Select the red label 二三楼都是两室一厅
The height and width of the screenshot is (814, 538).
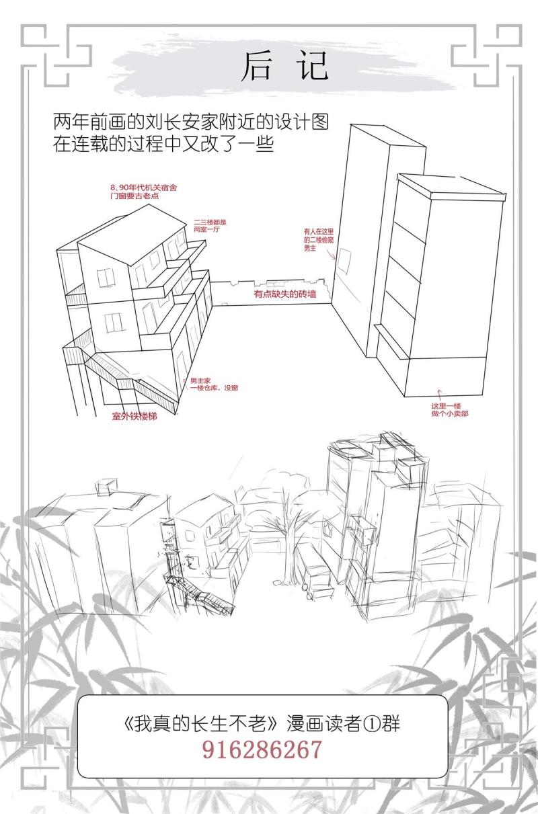(x=210, y=226)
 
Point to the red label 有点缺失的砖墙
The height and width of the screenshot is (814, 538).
(x=285, y=294)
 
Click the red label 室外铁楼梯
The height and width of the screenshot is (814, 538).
(x=134, y=417)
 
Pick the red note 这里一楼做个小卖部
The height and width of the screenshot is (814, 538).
(x=450, y=410)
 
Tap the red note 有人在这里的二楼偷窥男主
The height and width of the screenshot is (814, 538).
(x=319, y=240)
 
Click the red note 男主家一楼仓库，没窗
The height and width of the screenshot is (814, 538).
(x=214, y=384)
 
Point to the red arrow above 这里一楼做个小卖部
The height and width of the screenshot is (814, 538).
(x=440, y=395)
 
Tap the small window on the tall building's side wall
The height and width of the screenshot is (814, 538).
(x=343, y=261)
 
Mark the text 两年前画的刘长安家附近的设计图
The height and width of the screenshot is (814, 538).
(x=191, y=122)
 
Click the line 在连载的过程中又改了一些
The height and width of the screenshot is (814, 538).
(x=163, y=144)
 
